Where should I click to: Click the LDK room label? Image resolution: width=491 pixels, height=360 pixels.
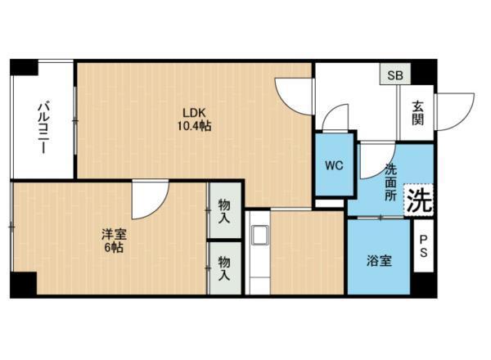coord(194,112)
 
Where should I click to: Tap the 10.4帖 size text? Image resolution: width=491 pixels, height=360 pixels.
coord(194,126)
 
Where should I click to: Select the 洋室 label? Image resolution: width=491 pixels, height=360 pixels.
coord(114,234)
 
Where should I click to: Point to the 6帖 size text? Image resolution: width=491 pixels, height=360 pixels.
coord(114,248)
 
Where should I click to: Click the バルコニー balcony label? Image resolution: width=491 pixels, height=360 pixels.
coord(43,127)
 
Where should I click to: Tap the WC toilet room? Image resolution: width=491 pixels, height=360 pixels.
coord(335,165)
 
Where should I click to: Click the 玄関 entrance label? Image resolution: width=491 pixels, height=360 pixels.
coord(417,113)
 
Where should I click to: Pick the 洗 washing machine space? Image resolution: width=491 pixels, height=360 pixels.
coord(419,200)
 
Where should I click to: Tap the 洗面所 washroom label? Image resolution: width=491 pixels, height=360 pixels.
coord(390,182)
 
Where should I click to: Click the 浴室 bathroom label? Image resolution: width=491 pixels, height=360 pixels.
coord(379,260)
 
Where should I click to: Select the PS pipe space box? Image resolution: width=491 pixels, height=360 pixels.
coord(423,245)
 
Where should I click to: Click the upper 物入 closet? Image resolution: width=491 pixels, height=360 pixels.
coord(225,210)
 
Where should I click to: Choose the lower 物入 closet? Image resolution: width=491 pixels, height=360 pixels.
coord(225,268)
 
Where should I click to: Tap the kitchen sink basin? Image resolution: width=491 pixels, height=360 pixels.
coord(260,235)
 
